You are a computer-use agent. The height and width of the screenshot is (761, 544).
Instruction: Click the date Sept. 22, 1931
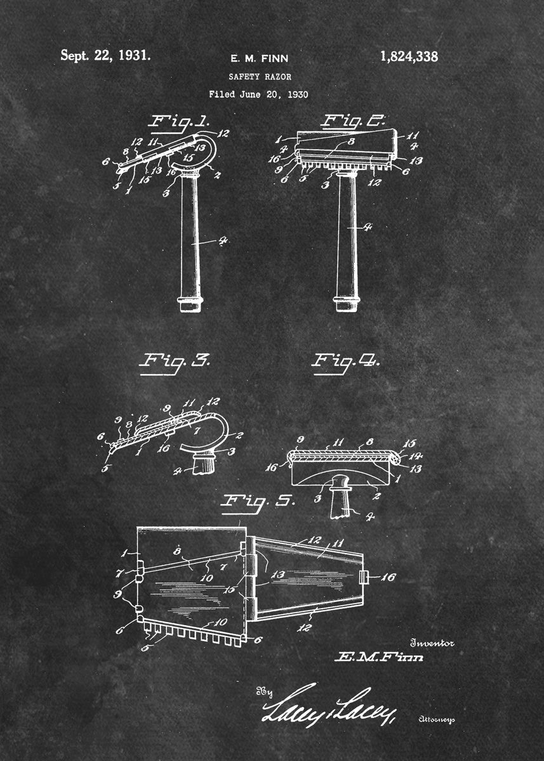(x=105, y=55)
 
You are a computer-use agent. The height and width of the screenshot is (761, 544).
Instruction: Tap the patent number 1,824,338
(x=409, y=56)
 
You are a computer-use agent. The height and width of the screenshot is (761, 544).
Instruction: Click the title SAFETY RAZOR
(x=260, y=76)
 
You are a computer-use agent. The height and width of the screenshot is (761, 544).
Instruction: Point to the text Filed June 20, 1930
(x=258, y=94)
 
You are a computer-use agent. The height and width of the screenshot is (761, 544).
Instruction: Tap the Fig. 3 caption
(x=174, y=361)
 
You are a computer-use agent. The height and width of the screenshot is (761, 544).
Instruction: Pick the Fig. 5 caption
(x=257, y=501)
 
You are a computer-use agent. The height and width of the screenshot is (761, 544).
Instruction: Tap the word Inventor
(x=432, y=643)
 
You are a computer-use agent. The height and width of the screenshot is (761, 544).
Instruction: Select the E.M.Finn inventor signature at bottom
(x=378, y=658)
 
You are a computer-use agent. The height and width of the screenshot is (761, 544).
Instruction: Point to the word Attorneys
(x=437, y=719)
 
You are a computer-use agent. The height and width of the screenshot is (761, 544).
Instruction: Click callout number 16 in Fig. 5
(x=386, y=576)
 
